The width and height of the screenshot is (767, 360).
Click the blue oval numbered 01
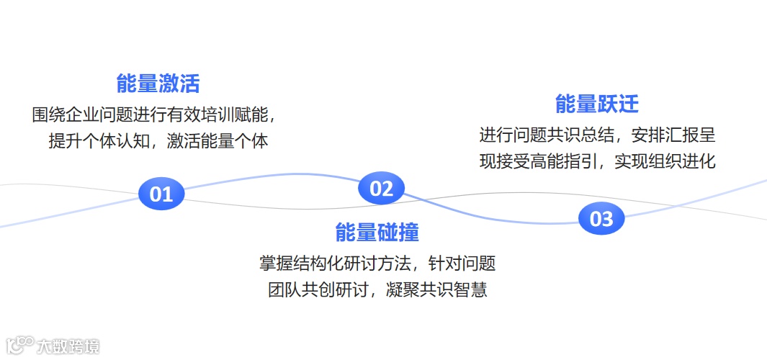[161, 194]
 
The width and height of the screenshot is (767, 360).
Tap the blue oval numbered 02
[381, 189]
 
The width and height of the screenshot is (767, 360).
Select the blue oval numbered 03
[601, 219]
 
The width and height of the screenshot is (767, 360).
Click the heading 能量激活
[158, 84]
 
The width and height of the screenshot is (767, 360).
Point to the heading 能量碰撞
[377, 233]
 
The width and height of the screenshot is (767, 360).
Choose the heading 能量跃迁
[597, 104]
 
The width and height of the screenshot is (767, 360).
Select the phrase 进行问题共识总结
[547, 135]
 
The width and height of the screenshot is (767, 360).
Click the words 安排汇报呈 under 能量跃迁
[674, 135]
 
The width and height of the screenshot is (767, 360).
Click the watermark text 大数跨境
[69, 346]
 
